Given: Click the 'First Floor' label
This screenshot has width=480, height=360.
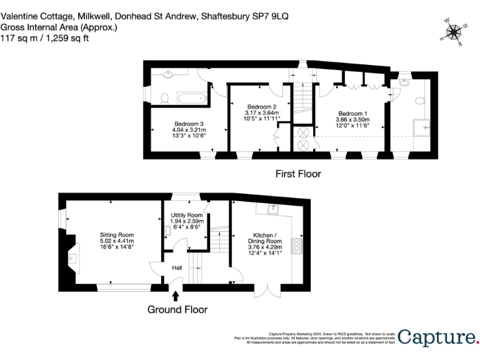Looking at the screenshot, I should click(x=298, y=174).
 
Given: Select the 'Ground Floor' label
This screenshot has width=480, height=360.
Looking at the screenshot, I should click(x=177, y=309).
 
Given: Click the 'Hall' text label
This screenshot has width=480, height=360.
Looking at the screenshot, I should click(x=177, y=267).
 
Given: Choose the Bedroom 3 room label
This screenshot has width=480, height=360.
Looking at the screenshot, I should click(x=189, y=124).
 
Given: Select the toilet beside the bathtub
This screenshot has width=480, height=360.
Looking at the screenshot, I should click(x=165, y=98).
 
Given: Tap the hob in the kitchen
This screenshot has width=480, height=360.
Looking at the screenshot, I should click(x=297, y=245).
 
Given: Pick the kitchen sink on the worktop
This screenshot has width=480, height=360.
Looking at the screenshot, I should click(x=273, y=209).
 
